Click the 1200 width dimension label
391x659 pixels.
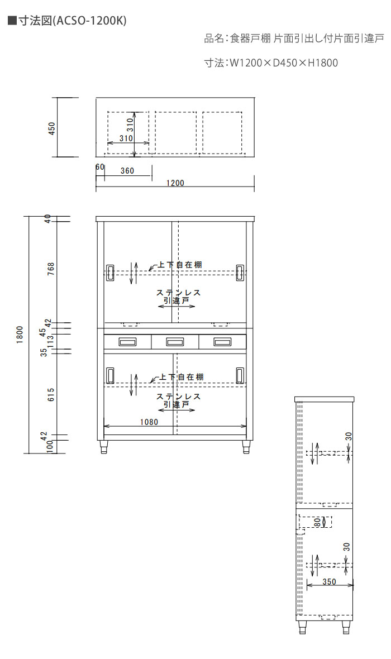175,183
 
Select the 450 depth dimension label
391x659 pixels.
51,128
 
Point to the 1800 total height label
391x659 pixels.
20,335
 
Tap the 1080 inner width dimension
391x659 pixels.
149,422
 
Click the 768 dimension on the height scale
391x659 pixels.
51,269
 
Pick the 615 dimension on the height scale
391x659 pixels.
51,394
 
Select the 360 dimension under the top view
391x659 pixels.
127,171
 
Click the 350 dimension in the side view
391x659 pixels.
329,582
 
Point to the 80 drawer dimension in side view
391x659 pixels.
317,522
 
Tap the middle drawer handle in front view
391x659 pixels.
175,342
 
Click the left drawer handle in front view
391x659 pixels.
127,342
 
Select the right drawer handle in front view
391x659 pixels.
222,342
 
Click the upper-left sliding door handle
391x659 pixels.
111,272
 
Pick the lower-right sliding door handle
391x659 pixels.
240,375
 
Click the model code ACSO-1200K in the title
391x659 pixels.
90,21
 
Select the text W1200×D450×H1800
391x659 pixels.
283,63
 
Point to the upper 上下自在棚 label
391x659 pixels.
180,265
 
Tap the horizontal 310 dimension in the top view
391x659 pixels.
126,139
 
